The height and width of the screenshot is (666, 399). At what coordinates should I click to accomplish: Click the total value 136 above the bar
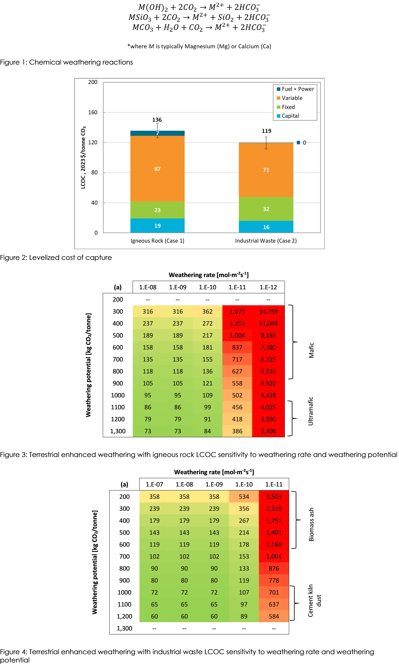[157, 120]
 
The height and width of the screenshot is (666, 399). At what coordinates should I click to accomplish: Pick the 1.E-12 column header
[268, 287]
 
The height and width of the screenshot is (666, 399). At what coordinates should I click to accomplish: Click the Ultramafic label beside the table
[311, 411]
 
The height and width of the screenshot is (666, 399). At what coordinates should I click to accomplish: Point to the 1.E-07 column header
[154, 484]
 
